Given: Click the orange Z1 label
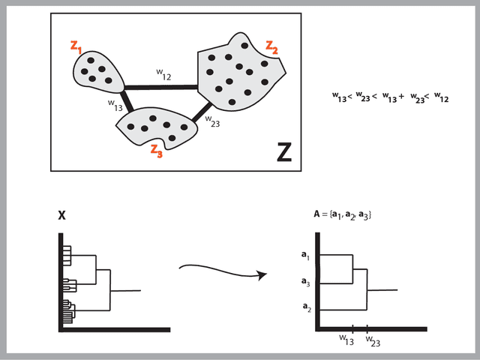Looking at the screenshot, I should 77,47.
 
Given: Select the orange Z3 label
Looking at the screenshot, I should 156,148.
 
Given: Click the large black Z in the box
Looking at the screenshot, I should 284,152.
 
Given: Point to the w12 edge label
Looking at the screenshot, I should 163,75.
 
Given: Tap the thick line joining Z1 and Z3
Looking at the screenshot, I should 127,99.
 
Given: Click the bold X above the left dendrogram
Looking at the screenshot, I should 62,215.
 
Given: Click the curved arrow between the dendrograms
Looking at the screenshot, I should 221,269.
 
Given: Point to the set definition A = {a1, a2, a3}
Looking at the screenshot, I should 343,215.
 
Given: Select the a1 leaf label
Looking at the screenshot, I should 305,256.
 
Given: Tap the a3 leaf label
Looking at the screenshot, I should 305,283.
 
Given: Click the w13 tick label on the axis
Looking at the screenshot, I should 346,340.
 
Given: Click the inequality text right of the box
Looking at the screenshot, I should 390,97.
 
